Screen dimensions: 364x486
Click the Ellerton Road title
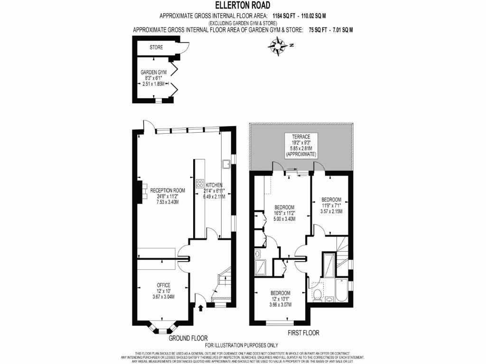tap(243, 6)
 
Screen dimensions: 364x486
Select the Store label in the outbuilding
tap(156, 47)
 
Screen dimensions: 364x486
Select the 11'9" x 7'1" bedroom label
tap(331, 205)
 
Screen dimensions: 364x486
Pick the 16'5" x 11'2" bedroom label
tap(285, 213)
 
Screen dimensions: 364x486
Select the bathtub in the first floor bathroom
tap(340, 290)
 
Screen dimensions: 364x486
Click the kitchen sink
tap(225, 164)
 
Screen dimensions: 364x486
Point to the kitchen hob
tap(199, 183)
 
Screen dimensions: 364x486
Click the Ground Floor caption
tap(188, 338)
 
